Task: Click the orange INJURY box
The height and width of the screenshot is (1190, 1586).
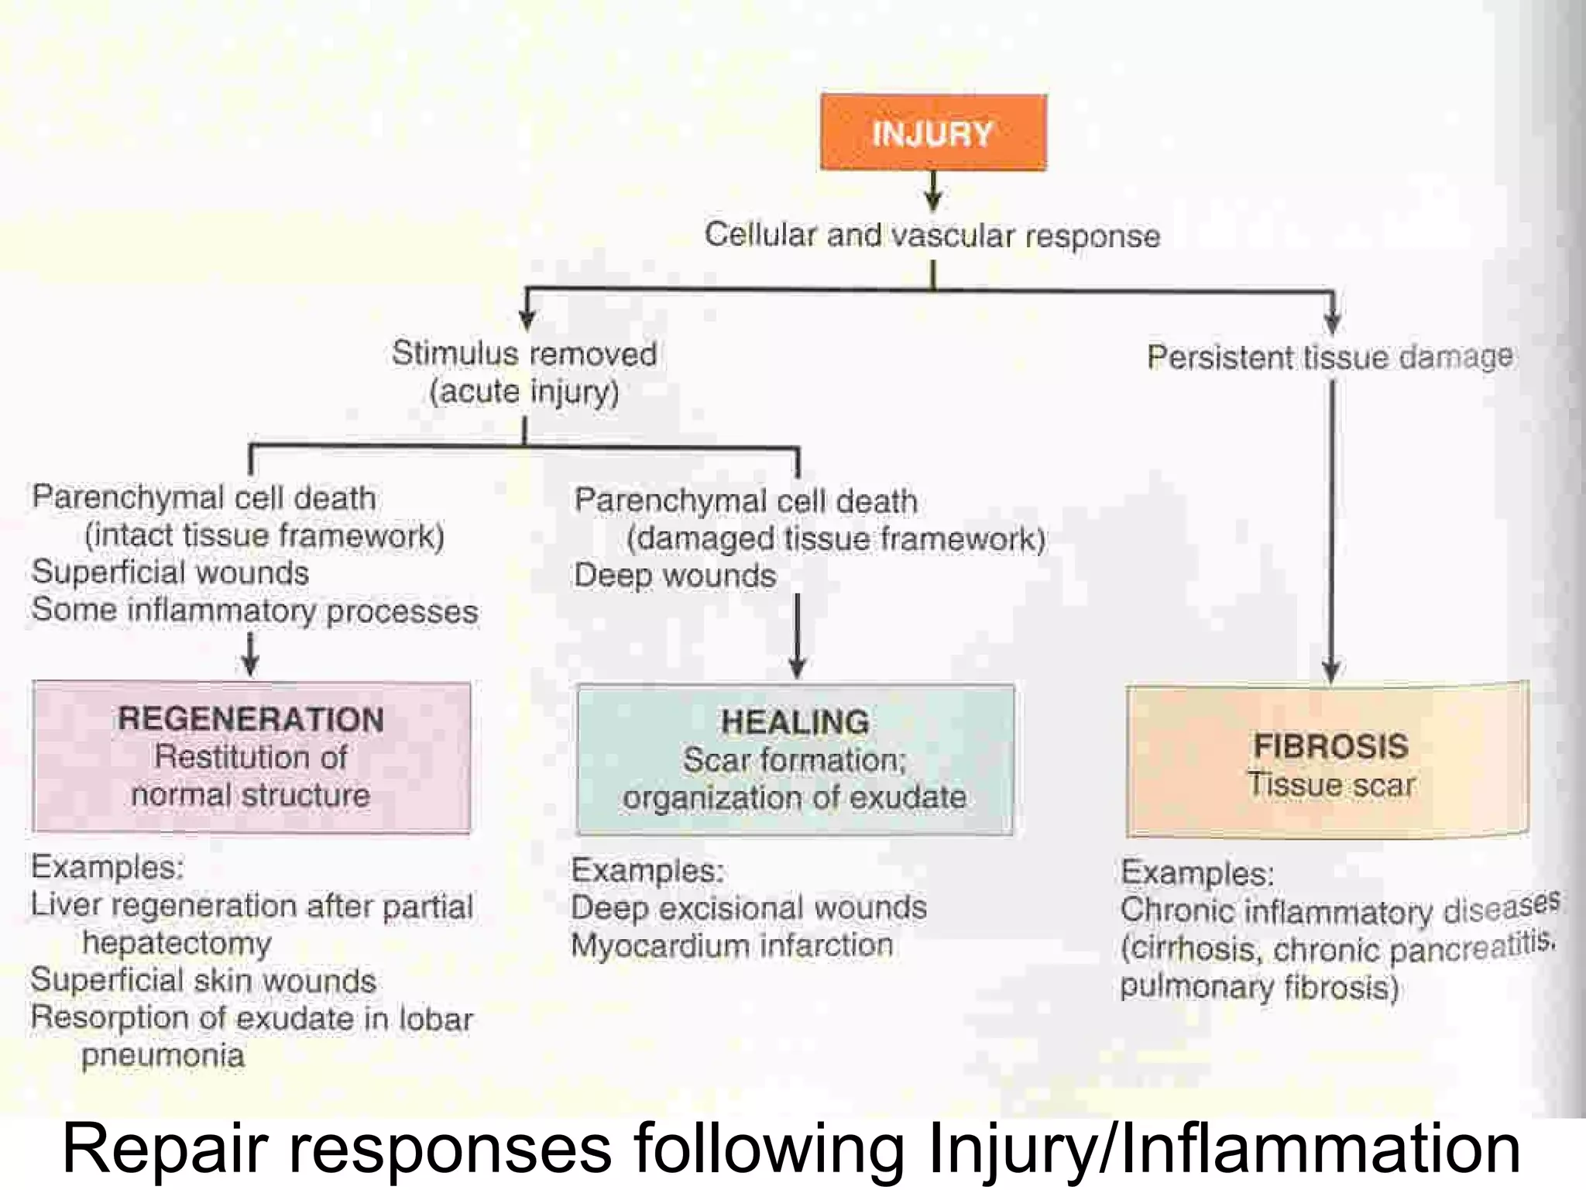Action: click(x=933, y=132)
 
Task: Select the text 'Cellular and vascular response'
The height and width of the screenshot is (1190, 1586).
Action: click(x=932, y=236)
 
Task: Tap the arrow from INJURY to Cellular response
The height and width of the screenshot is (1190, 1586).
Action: click(x=933, y=191)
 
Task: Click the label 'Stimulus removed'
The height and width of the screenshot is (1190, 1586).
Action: click(x=524, y=354)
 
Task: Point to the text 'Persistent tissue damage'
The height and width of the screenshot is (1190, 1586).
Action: click(x=1329, y=357)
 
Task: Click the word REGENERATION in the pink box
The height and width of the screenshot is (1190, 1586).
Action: click(x=251, y=720)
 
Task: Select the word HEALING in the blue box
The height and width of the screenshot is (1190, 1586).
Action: click(x=795, y=723)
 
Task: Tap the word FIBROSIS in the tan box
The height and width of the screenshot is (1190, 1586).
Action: click(x=1330, y=747)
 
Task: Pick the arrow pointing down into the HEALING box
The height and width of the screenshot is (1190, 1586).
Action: click(x=797, y=635)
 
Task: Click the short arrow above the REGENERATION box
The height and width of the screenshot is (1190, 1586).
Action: click(x=250, y=655)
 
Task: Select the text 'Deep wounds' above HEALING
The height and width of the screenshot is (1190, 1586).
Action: click(x=675, y=576)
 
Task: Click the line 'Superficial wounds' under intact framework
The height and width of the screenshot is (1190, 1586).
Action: click(x=170, y=573)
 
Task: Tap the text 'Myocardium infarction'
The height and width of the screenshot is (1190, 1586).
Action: click(x=732, y=946)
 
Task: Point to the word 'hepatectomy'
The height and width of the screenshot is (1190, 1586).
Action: click(x=177, y=944)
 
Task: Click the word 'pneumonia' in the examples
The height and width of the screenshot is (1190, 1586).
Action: click(x=163, y=1056)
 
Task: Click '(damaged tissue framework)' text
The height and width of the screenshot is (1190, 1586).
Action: click(x=836, y=539)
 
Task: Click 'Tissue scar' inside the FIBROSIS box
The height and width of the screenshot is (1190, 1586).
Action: click(x=1330, y=785)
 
